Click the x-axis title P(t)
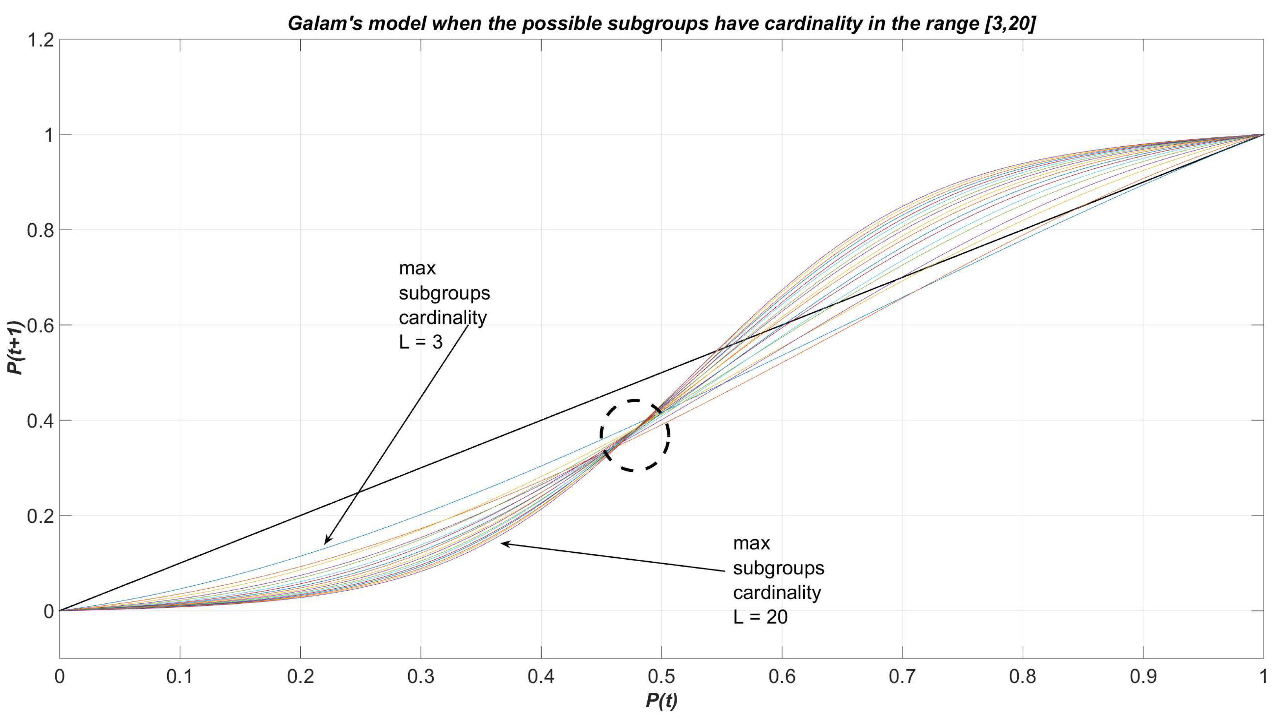tap(661, 700)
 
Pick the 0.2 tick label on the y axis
tap(41, 516)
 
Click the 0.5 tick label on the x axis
tap(661, 677)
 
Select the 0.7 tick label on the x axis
tap(902, 677)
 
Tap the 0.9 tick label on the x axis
tap(1143, 677)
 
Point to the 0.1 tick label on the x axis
tap(180, 677)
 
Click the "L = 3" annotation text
tap(420, 343)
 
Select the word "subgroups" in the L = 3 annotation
tap(444, 293)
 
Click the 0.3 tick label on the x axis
tap(420, 677)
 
